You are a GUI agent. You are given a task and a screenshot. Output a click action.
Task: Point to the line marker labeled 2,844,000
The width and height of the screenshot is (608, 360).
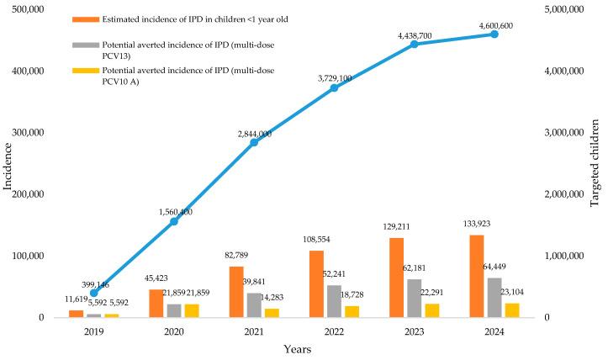coord(254,142)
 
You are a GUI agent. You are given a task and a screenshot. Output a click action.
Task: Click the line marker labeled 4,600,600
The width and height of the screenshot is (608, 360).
coord(494,34)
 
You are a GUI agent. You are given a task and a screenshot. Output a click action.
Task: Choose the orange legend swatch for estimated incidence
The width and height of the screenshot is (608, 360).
coord(85,19)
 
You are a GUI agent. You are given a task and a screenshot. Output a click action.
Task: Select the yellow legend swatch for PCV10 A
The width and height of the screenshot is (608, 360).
coord(85,71)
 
